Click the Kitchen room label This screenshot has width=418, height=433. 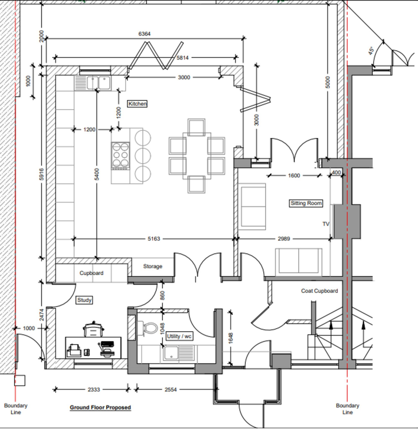(137, 104)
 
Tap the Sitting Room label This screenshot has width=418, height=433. (306, 203)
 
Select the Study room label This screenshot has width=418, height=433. (84, 300)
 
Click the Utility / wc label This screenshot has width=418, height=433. (179, 336)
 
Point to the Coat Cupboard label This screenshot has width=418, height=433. (319, 291)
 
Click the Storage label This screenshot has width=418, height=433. (152, 266)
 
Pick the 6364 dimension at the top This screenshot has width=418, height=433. (145, 34)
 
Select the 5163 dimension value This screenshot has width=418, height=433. (154, 239)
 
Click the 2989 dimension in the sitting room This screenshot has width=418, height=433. (284, 239)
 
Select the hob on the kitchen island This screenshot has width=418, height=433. (121, 155)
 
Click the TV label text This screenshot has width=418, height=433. (326, 224)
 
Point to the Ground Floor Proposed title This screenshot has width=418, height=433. (100, 408)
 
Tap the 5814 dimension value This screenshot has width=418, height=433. (183, 58)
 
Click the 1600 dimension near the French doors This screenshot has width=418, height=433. (294, 175)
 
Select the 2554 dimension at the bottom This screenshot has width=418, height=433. (170, 389)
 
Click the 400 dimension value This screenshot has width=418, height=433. (336, 173)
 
